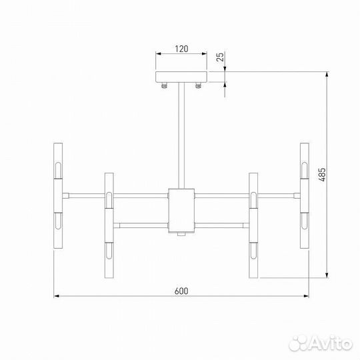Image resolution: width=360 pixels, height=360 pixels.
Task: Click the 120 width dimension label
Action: click(x=181, y=48)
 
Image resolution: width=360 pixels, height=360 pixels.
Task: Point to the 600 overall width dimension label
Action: click(x=181, y=290)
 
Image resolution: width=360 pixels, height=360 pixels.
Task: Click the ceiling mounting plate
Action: click(x=181, y=77)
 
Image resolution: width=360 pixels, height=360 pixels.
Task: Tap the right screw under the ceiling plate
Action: click(x=198, y=85)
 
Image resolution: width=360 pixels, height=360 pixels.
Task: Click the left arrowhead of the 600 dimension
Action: click(x=57, y=295)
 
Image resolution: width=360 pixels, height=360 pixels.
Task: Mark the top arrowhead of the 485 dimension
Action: click(x=327, y=74)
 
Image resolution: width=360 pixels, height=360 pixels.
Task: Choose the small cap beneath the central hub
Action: click(x=181, y=235)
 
